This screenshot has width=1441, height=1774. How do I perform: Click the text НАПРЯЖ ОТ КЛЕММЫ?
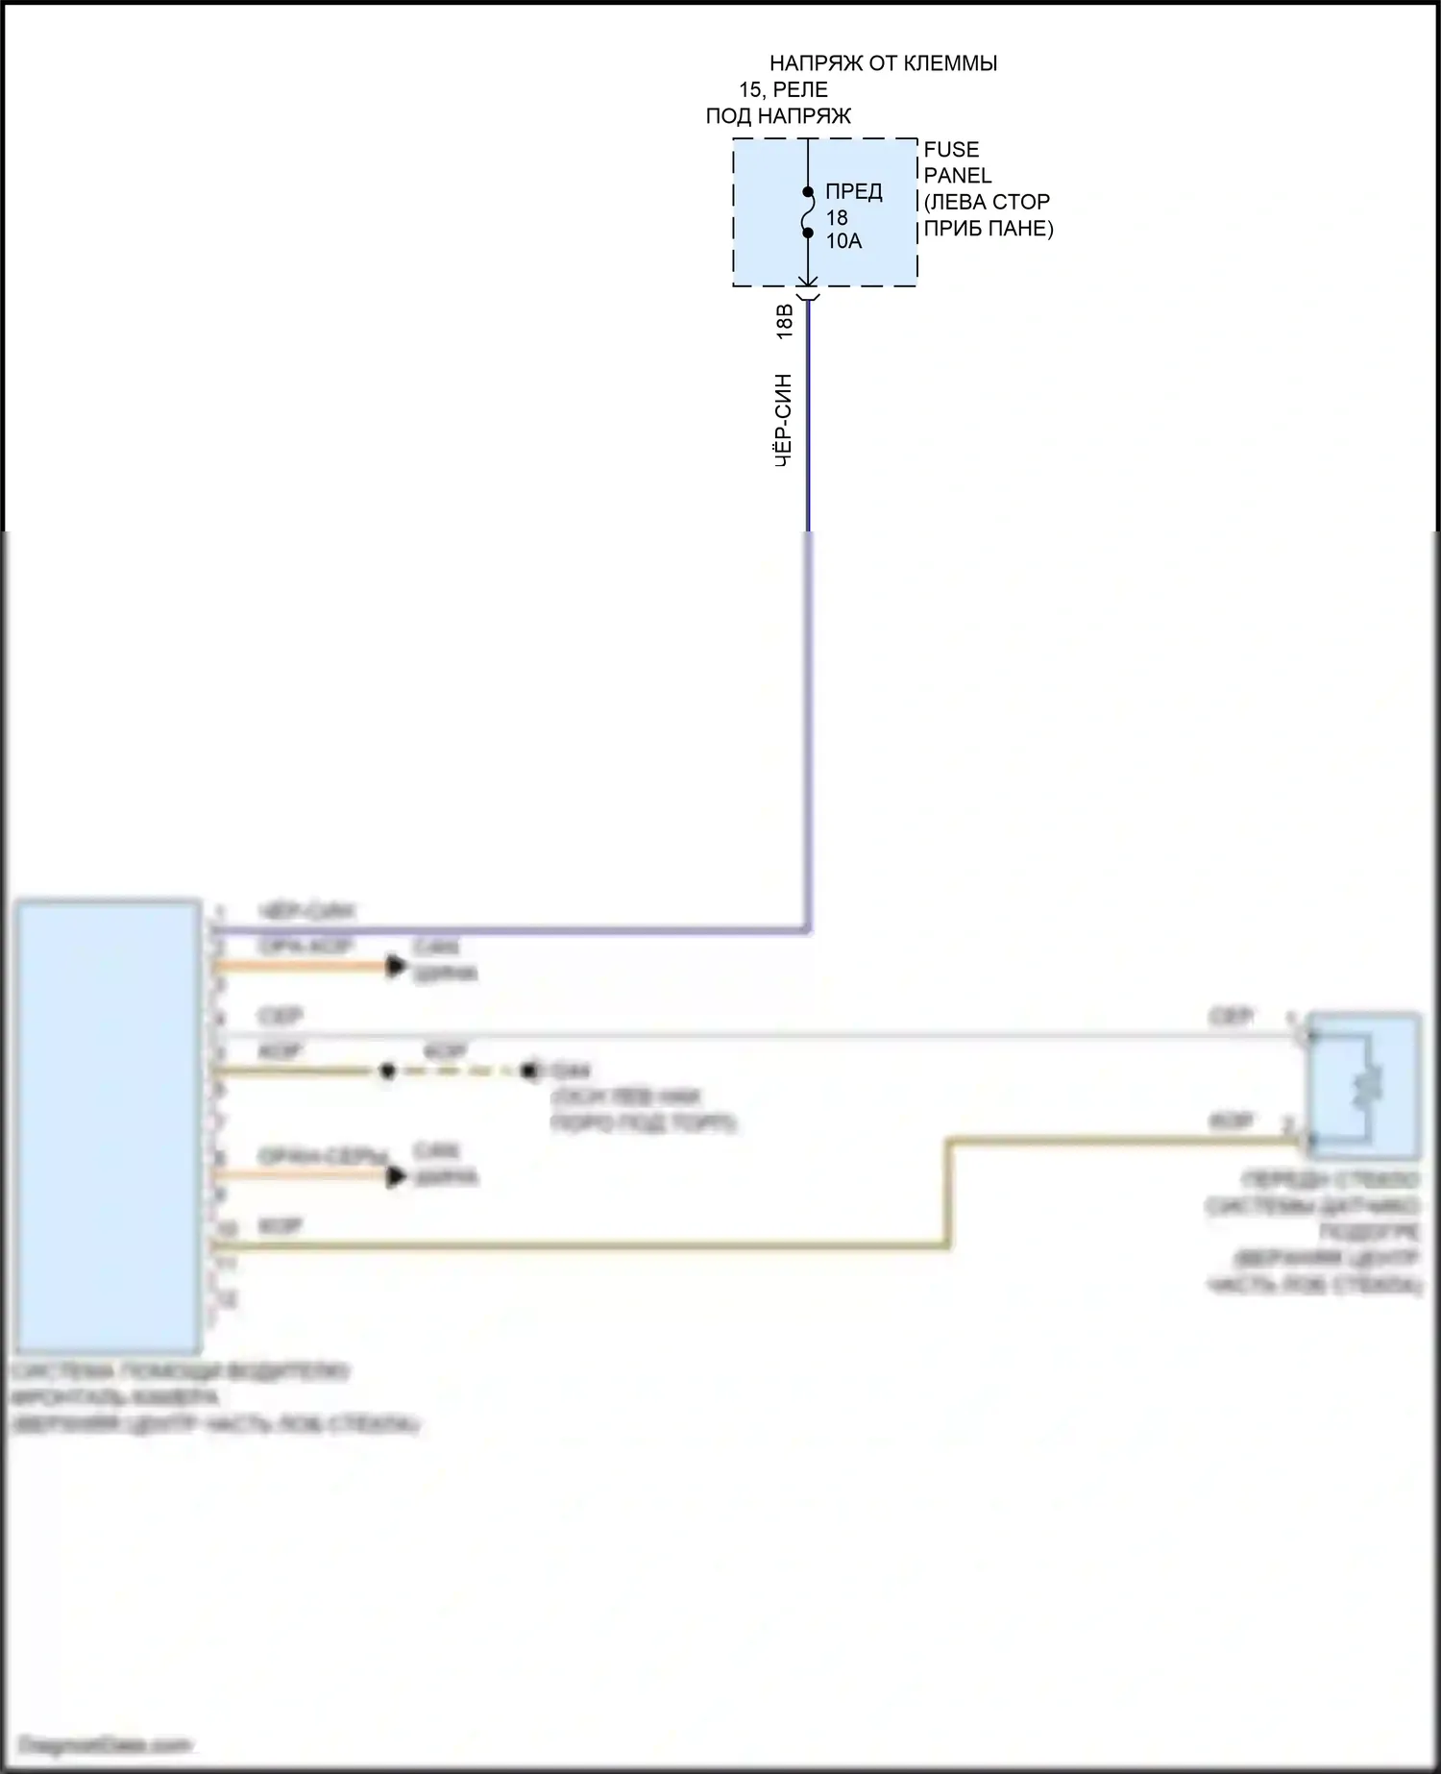[x=883, y=63]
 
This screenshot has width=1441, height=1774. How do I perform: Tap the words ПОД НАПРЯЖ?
[x=778, y=116]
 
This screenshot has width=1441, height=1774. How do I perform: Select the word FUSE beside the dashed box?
[x=951, y=150]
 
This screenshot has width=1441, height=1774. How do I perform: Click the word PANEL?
[x=957, y=176]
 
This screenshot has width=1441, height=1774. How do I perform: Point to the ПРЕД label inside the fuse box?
[x=853, y=192]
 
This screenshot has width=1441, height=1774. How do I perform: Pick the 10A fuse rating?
[x=843, y=241]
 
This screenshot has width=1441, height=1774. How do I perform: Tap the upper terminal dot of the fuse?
[x=808, y=193]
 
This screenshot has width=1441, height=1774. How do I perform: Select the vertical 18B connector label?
[x=784, y=322]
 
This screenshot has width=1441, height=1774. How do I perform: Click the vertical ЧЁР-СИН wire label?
[x=784, y=420]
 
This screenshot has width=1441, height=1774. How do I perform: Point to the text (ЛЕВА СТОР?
[x=987, y=202]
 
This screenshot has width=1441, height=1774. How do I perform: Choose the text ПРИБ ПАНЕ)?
[x=989, y=229]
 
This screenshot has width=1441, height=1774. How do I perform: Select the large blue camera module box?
[x=108, y=1125]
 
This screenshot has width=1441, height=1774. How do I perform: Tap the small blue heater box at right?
[x=1363, y=1084]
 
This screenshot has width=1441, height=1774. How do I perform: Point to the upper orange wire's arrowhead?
[x=396, y=966]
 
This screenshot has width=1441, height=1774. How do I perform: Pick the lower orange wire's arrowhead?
[x=396, y=1175]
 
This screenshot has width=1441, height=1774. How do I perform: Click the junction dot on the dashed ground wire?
[x=387, y=1071]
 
